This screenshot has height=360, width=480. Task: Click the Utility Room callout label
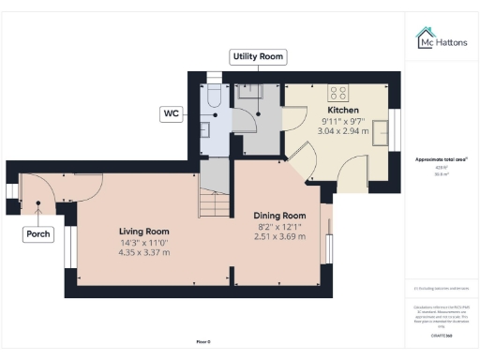coord(258,57)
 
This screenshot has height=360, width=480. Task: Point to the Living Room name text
coord(143,231)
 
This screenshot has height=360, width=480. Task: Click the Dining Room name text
coord(280,216)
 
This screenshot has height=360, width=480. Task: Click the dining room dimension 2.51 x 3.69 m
coord(280,236)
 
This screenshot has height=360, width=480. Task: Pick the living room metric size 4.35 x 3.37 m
coord(143,251)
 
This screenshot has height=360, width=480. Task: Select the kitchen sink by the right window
coord(381,132)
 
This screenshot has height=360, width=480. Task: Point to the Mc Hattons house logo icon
coord(423,37)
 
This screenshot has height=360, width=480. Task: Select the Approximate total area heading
coord(442,160)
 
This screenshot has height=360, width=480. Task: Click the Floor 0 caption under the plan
coord(202,341)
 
